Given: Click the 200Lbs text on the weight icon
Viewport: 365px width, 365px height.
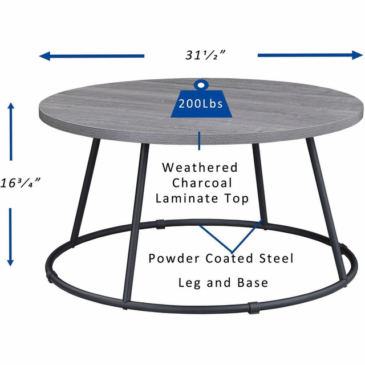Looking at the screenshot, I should tap(200, 104).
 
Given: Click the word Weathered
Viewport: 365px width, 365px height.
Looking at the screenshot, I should tap(200, 168).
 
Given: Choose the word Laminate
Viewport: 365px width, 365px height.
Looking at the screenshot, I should tap(189, 198).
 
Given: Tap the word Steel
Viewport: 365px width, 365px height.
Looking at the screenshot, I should tap(276, 258).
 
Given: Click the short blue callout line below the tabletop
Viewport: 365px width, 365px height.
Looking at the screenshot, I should tap(199, 140).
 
